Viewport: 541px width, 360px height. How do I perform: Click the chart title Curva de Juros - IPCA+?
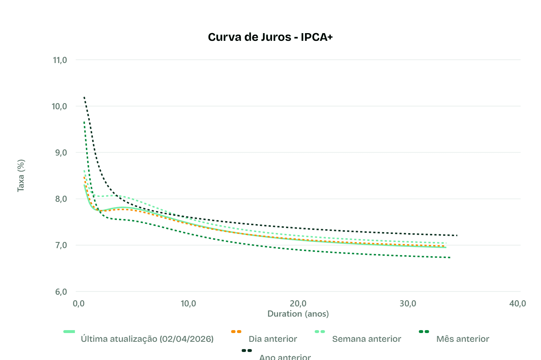270,37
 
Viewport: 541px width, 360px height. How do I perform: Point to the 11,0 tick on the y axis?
60,60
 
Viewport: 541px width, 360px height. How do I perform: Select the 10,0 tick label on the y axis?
59,106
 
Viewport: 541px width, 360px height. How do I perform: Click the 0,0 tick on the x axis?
79,304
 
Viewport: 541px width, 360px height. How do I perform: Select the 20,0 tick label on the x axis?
298,304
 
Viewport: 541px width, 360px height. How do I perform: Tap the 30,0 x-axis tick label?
408,304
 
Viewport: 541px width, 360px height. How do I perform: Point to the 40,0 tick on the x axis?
517,304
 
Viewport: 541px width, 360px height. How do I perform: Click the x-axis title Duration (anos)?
298,314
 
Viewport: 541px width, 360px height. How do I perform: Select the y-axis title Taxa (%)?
21,176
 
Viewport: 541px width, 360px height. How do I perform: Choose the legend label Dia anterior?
273,339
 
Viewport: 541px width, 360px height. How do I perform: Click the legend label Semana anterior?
366,339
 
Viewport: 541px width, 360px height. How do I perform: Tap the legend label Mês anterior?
462,339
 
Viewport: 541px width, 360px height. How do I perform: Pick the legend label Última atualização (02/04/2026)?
147,339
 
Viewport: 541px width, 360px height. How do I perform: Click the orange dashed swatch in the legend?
236,332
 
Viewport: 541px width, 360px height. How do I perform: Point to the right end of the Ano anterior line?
457,235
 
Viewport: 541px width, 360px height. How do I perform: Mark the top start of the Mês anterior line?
84,122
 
